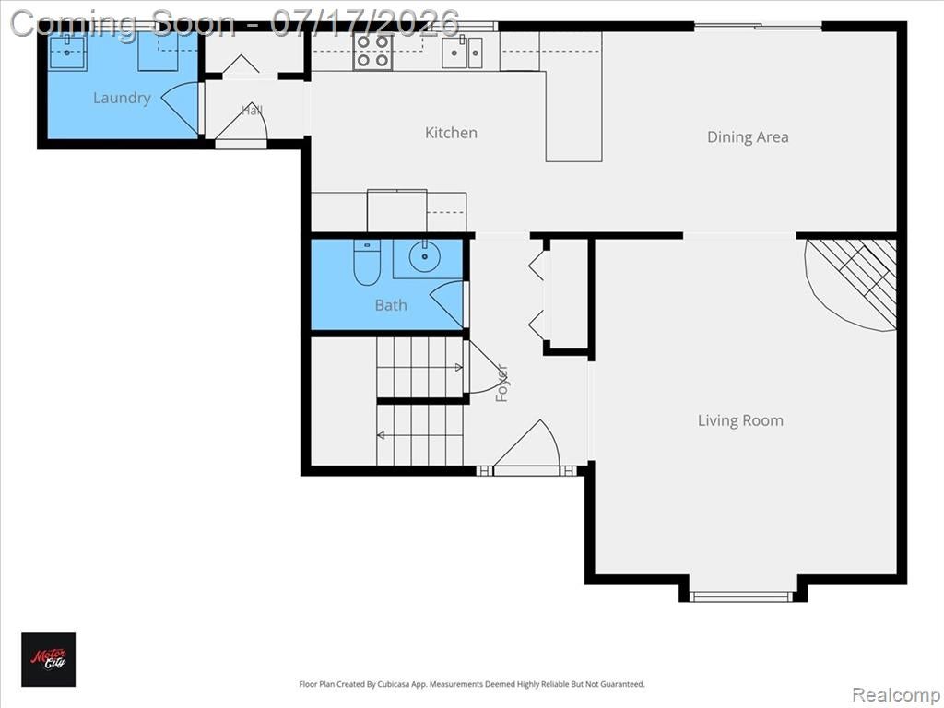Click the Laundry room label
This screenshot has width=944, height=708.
(122, 98)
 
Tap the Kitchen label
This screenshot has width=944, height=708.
(451, 133)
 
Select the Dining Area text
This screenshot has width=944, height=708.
(748, 137)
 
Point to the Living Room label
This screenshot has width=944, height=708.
(740, 420)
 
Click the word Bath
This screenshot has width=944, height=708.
(391, 305)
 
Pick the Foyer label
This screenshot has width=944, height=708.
(501, 383)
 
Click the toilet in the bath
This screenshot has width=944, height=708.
(367, 262)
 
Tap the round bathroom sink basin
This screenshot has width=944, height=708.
(424, 256)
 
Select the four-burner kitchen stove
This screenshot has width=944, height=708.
(372, 52)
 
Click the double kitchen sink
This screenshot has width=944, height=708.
(463, 53)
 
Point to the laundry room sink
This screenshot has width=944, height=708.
(66, 52)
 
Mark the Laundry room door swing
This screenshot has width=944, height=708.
(180, 108)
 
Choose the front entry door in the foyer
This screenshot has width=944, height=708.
(526, 443)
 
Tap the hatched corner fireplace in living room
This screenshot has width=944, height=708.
(851, 284)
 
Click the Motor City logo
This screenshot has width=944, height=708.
(49, 659)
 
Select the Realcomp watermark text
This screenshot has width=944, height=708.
(895, 694)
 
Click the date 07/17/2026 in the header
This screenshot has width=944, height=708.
(365, 23)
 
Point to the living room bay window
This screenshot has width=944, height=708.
(740, 596)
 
